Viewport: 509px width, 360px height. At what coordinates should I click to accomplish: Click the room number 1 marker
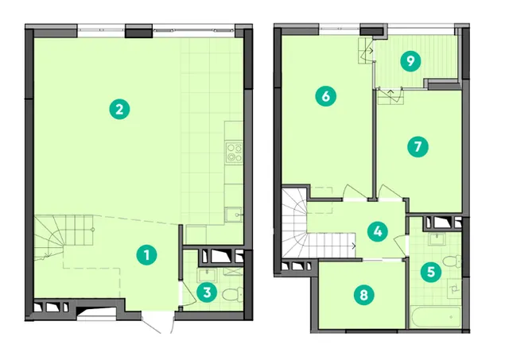pyautogui.click(x=146, y=255)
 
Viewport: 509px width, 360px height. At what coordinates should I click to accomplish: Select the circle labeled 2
pyautogui.click(x=119, y=109)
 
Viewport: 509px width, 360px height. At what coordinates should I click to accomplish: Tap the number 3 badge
pyautogui.click(x=207, y=293)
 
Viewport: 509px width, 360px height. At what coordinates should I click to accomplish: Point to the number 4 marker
pyautogui.click(x=378, y=231)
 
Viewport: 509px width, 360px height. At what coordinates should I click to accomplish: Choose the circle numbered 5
pyautogui.click(x=431, y=272)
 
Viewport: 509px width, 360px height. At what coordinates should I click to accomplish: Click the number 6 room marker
pyautogui.click(x=326, y=96)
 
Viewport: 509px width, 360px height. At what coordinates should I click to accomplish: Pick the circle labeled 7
pyautogui.click(x=418, y=146)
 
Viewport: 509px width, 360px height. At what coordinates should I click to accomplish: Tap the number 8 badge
pyautogui.click(x=364, y=295)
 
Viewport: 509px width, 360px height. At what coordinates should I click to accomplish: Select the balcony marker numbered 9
pyautogui.click(x=410, y=61)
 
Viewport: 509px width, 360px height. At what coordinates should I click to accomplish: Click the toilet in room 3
pyautogui.click(x=233, y=294)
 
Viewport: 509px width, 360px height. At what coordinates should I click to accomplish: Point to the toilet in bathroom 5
pyautogui.click(x=452, y=261)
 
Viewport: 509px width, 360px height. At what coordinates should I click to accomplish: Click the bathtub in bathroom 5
pyautogui.click(x=435, y=317)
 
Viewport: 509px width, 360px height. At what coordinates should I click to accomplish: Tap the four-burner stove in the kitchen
pyautogui.click(x=234, y=153)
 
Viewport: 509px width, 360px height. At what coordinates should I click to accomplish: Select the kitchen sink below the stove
pyautogui.click(x=233, y=215)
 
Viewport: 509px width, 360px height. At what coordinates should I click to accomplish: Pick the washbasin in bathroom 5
pyautogui.click(x=438, y=239)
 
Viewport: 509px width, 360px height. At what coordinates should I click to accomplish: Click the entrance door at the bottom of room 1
pyautogui.click(x=157, y=323)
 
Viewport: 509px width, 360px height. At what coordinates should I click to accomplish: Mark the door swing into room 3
pyautogui.click(x=188, y=293)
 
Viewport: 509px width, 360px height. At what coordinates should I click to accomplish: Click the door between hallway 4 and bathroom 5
pyautogui.click(x=401, y=242)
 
